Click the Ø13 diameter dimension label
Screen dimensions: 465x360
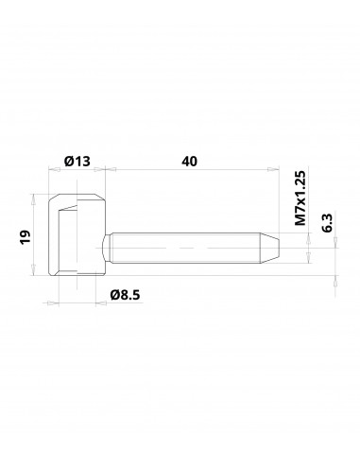tap(77, 162)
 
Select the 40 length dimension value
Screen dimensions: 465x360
tap(189, 162)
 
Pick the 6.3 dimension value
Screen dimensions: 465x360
tap(327, 223)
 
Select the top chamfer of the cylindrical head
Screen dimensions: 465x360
tap(76, 198)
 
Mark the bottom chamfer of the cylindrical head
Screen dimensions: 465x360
tap(76, 278)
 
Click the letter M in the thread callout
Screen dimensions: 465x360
tap(301, 223)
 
